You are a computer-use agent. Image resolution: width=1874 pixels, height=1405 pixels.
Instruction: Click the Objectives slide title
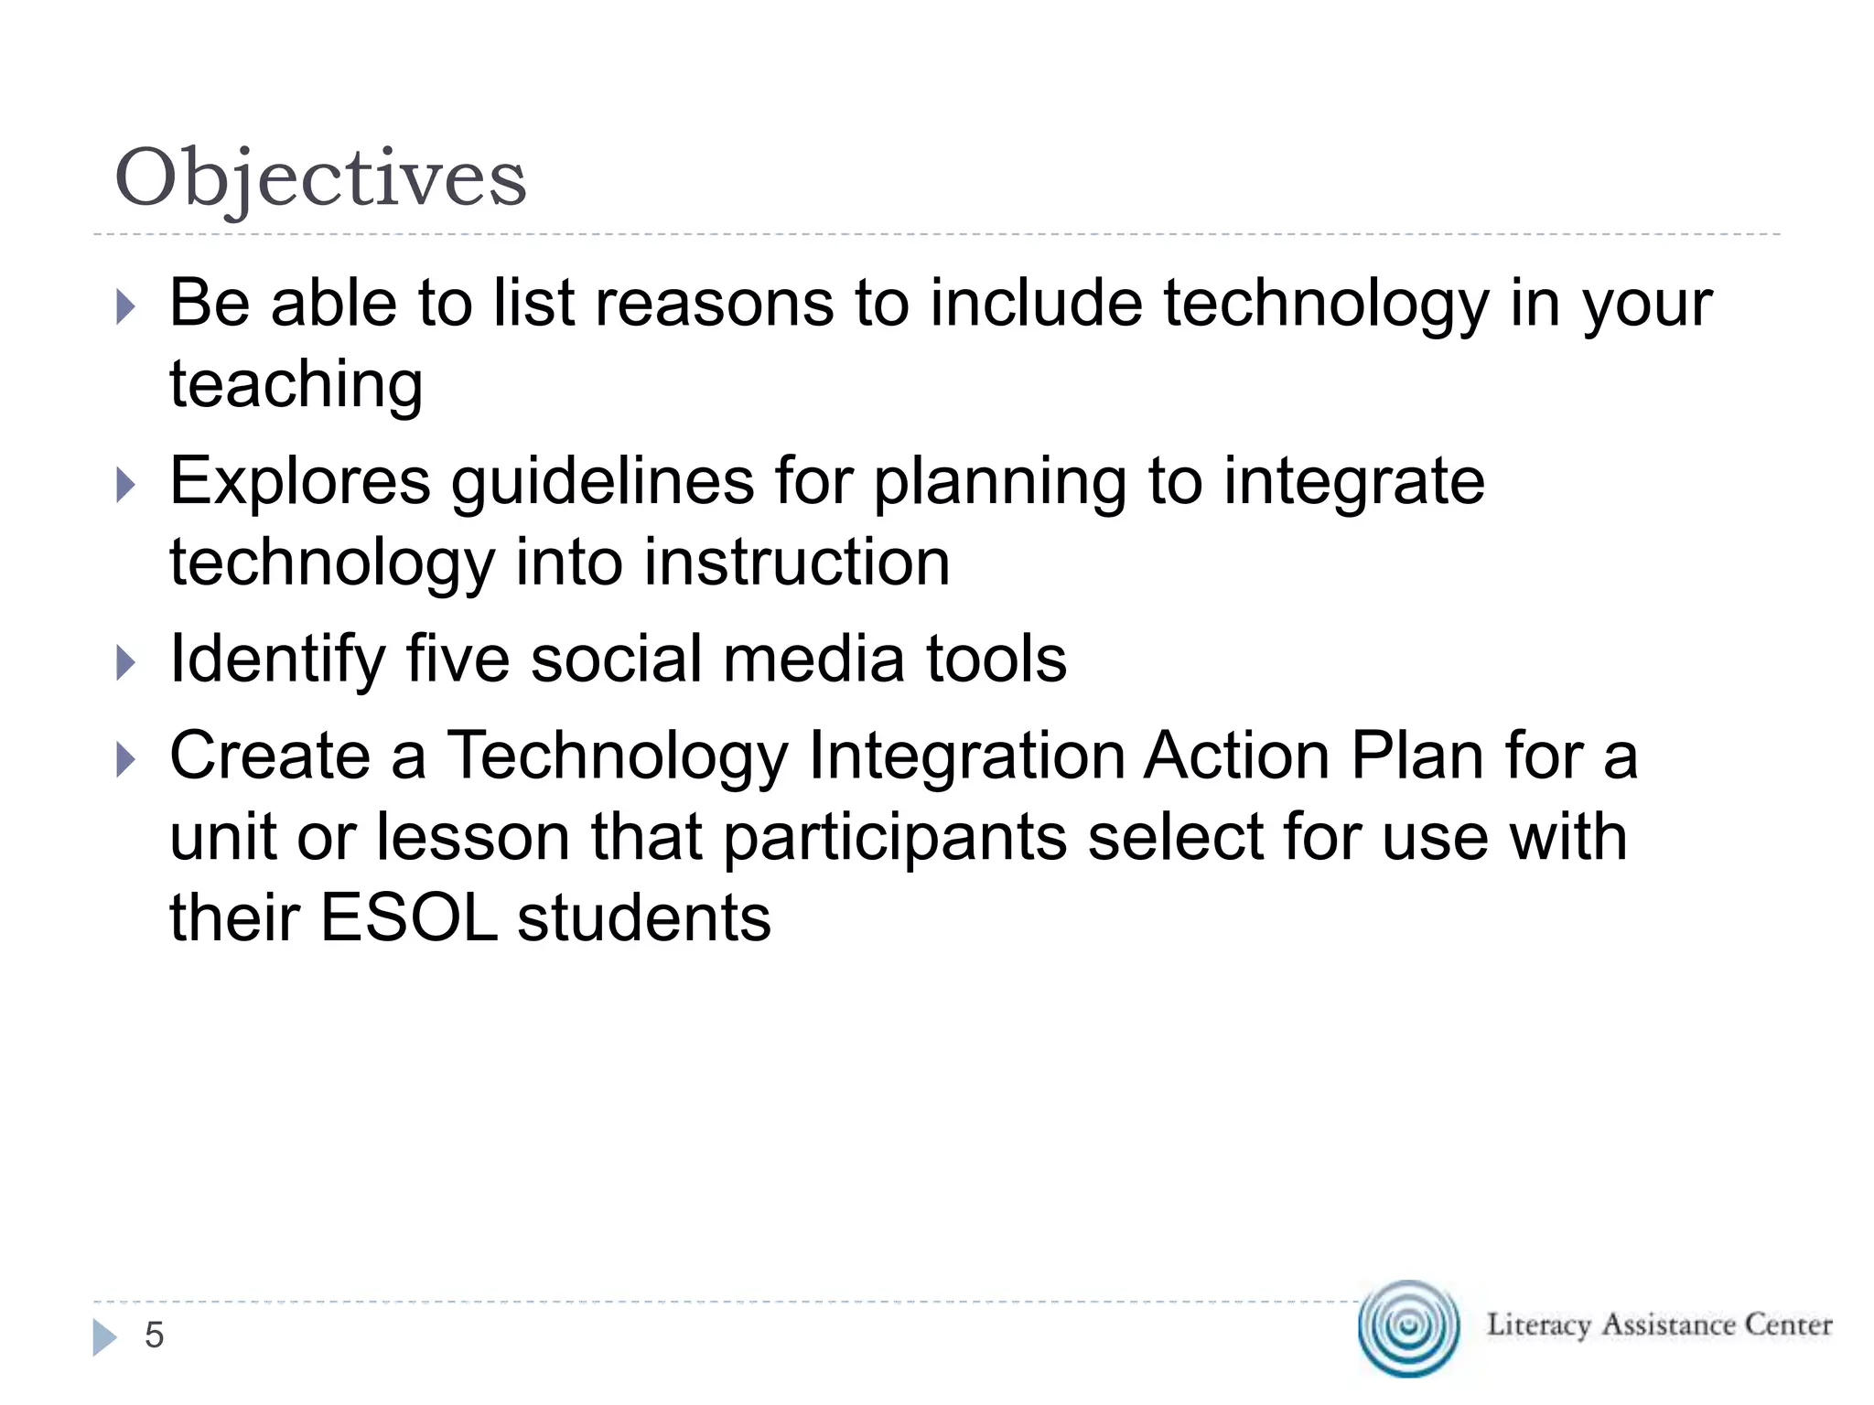[320, 177]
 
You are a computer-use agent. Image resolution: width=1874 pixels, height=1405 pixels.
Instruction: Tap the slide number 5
[154, 1335]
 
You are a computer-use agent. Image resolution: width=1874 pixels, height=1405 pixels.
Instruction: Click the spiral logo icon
[1408, 1327]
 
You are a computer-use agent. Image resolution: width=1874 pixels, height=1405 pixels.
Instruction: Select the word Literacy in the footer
[1538, 1325]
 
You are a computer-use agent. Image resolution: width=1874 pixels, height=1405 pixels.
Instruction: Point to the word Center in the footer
[1788, 1325]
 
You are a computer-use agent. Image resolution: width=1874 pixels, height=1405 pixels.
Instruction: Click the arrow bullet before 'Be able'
[126, 307]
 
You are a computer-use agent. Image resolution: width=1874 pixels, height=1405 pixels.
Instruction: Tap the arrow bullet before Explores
[126, 486]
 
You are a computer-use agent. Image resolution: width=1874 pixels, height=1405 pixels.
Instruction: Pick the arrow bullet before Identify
[126, 663]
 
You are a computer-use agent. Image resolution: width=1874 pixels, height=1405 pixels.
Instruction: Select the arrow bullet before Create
[126, 760]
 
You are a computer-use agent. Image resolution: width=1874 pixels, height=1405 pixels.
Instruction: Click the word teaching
[296, 385]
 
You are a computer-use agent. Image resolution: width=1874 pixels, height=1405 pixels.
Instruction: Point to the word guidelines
[602, 482]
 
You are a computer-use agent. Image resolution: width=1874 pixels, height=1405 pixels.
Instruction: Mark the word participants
[895, 838]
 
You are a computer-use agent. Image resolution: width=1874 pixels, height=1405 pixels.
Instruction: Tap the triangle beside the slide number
[104, 1337]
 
